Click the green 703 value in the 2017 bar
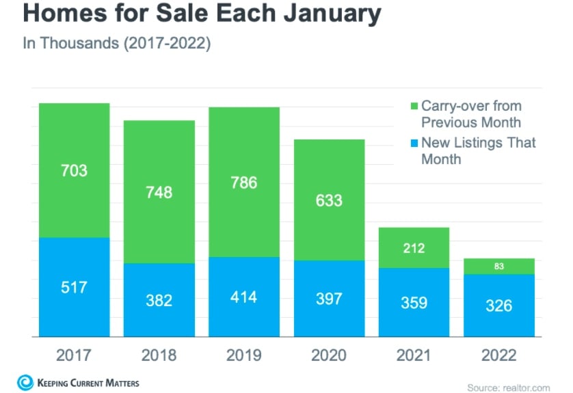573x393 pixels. click(74, 170)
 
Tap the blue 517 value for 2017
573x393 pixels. click(74, 287)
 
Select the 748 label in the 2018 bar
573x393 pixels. click(159, 192)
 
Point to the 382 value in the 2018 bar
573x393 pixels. click(159, 301)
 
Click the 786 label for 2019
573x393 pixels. click(244, 182)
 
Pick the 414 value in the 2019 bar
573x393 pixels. click(244, 297)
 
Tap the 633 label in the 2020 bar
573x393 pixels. click(329, 201)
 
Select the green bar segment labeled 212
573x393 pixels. click(414, 247)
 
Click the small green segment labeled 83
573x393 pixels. click(498, 266)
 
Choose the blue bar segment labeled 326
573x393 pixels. click(498, 306)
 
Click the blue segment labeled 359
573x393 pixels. click(414, 302)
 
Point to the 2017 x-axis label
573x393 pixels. click(74, 355)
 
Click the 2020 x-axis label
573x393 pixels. click(329, 355)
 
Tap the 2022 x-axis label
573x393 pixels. click(498, 355)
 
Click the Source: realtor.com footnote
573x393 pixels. click(507, 388)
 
